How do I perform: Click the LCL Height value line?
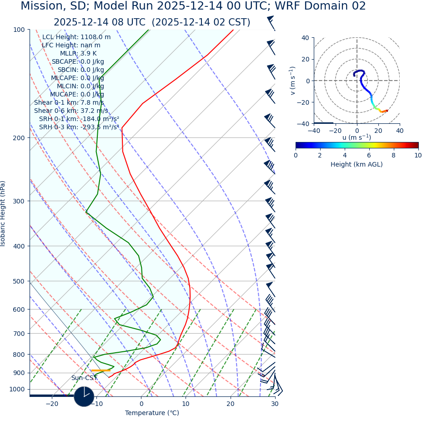coord(76,37)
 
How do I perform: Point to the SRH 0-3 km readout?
coord(79,127)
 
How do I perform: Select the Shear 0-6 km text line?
coord(71,111)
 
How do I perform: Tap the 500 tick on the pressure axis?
coord(19,281)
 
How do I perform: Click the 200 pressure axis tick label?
coord(19,138)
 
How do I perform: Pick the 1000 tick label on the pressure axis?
coord(17,389)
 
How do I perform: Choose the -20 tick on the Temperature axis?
coord(52,404)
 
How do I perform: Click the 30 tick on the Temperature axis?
coord(275,404)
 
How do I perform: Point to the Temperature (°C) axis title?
coord(152,413)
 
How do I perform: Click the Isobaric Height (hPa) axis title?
coord(3,213)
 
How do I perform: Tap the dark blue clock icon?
coord(84,396)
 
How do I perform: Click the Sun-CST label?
coord(84,378)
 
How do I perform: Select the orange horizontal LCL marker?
coord(100,370)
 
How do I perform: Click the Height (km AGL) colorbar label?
coord(357,165)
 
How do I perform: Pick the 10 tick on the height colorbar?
coord(417,156)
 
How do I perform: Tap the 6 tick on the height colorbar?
coord(369,156)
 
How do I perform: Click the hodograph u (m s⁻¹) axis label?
coord(357,137)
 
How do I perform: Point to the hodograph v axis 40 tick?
coord(305,38)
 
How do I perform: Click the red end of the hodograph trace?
coord(387,111)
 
